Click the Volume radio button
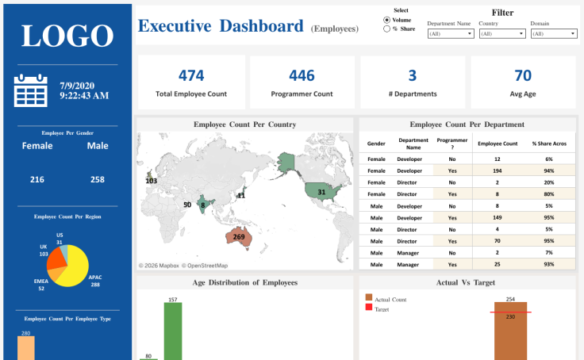click(386, 20)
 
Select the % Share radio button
click(386, 29)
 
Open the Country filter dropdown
click(501, 34)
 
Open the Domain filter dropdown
click(553, 34)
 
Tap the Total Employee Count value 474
click(191, 76)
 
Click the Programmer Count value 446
click(302, 76)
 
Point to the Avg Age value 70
click(523, 76)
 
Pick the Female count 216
click(37, 180)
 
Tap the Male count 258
click(97, 180)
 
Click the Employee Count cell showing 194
click(498, 170)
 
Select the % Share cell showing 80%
click(548, 193)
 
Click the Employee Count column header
click(498, 143)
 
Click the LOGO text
click(67, 36)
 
